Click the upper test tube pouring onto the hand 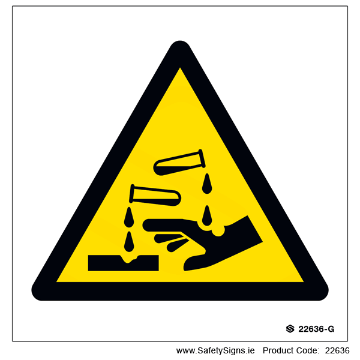[x=179, y=163]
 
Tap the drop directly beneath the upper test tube [x=207, y=184]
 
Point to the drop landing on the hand [x=207, y=215]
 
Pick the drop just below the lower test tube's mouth [x=129, y=217]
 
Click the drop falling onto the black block [x=129, y=242]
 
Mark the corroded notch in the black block [x=129, y=259]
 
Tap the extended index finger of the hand [x=166, y=225]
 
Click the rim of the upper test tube [x=202, y=158]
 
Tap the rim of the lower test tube [x=131, y=194]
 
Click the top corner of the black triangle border [x=180, y=42]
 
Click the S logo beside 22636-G [x=290, y=329]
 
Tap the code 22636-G [x=316, y=329]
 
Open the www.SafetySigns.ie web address [x=215, y=350]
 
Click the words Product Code [x=291, y=350]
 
